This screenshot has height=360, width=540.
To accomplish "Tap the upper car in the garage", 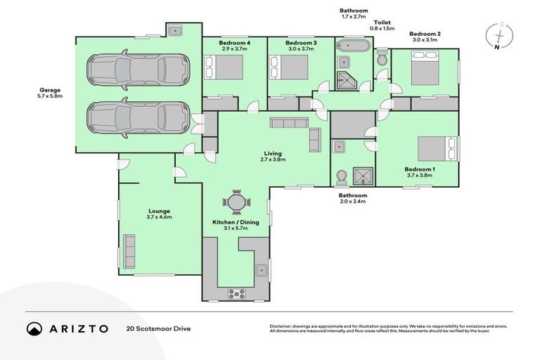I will [138, 70].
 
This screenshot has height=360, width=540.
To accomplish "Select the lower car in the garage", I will [138, 117].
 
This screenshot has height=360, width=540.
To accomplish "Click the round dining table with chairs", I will [236, 202].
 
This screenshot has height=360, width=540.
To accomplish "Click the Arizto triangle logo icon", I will [34, 328].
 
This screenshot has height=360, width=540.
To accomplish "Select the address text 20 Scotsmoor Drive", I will [158, 328].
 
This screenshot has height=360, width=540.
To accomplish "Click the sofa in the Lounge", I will [129, 252].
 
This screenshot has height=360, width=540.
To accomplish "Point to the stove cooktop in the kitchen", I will [236, 293].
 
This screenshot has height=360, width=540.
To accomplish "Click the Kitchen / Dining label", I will [236, 222].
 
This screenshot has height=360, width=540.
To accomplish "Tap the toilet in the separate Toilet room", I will [382, 59].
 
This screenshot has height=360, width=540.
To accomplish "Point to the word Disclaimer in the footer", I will [282, 326].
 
